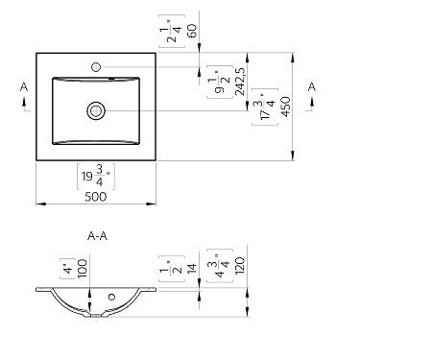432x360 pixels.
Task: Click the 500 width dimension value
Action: tap(95, 197)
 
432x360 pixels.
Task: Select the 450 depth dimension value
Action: tap(286, 107)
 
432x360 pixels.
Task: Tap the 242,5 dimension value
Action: tap(240, 82)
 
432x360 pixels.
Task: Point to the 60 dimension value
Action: tap(192, 31)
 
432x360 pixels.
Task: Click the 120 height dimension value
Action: tap(240, 265)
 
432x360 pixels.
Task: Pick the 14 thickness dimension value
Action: tap(191, 268)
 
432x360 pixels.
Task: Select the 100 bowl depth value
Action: tap(82, 268)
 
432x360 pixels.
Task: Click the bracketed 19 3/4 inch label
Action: tap(96, 177)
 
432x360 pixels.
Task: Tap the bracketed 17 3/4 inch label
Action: tap(265, 107)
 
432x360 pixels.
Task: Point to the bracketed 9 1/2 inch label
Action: tap(220, 82)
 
